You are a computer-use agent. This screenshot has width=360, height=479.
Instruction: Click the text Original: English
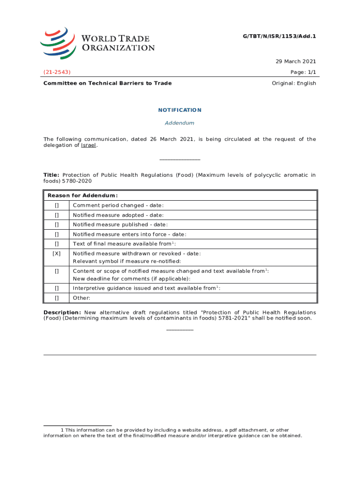click(x=294, y=83)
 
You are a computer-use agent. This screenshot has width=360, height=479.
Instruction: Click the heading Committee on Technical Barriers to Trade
click(x=108, y=83)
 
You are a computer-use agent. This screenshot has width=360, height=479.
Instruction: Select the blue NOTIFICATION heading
click(x=180, y=110)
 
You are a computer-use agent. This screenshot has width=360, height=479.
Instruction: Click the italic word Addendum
click(x=180, y=123)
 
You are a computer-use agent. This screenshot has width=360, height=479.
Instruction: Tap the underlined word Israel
click(x=89, y=145)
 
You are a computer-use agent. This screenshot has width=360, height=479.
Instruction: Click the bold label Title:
click(x=51, y=175)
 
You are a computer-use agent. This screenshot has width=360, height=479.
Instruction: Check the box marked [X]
click(x=57, y=254)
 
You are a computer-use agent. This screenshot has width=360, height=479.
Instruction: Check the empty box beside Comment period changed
click(x=57, y=205)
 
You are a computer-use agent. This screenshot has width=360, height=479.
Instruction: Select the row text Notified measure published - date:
click(x=120, y=225)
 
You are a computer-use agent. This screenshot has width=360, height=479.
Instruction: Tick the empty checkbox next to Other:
click(x=57, y=298)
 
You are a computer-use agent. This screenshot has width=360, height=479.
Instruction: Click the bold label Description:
click(x=62, y=312)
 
